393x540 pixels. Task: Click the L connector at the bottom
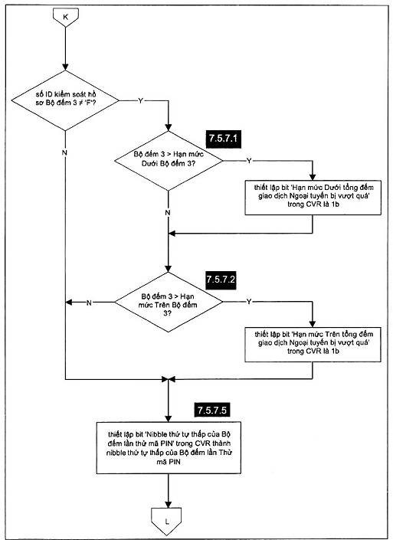[x=166, y=521]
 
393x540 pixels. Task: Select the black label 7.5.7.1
[x=223, y=139]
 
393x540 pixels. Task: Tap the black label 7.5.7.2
[x=221, y=280]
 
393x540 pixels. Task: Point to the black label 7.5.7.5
[x=212, y=410]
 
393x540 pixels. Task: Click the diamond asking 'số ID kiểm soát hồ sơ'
[x=65, y=100]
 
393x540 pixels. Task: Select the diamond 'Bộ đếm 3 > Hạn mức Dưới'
[x=169, y=161]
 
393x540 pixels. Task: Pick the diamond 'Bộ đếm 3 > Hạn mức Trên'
[x=169, y=302]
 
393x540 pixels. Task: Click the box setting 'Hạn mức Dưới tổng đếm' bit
[x=313, y=198]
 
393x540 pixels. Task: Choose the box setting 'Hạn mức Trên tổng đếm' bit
[x=313, y=344]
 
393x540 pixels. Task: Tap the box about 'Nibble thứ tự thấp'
[x=169, y=448]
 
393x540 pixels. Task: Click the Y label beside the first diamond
[x=140, y=100]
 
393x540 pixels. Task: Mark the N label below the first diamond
[x=64, y=152]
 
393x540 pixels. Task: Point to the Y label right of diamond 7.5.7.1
[x=249, y=161]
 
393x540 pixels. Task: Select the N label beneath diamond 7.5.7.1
[x=168, y=212]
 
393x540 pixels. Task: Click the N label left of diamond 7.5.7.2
[x=89, y=303]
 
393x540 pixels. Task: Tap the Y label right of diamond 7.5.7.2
[x=249, y=302]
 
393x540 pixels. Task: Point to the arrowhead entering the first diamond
[x=65, y=67]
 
